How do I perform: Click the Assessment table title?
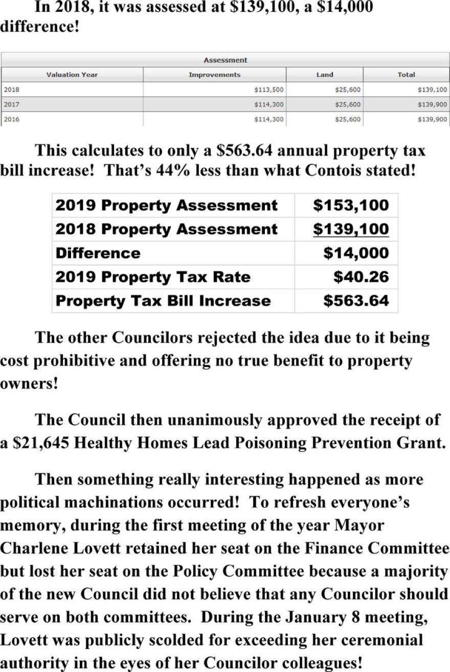225,60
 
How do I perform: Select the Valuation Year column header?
72,75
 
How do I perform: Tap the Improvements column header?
214,75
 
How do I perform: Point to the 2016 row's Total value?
432,119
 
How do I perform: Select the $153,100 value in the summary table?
351,205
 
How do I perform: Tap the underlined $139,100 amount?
351,229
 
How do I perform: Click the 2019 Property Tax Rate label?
153,277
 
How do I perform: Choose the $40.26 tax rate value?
361,277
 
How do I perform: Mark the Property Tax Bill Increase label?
163,301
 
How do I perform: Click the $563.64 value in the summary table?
356,301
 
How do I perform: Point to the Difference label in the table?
98,253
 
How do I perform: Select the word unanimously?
239,420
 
